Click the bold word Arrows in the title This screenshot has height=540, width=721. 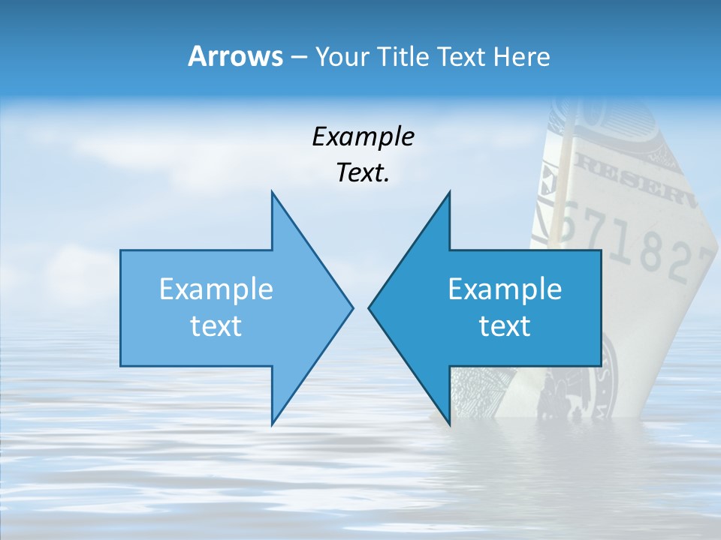pos(235,56)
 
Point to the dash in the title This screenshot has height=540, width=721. pos(297,57)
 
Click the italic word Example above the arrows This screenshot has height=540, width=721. pos(363,137)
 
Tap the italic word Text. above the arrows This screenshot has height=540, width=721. pos(363,173)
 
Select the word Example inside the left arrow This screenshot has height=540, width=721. pos(216,289)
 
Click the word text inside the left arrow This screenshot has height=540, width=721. pos(216,326)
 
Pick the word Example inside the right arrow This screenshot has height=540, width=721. pos(505,289)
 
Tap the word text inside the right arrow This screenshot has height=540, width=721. pos(505,326)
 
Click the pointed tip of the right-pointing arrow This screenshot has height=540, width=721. pos(353,307)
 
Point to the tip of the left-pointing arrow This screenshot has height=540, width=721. pos(369,307)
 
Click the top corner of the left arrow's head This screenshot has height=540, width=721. pos(272,192)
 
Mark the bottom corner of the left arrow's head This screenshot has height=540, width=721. pos(272,424)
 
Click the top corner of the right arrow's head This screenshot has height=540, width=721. pos(449,192)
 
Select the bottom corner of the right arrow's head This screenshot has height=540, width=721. pos(449,424)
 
